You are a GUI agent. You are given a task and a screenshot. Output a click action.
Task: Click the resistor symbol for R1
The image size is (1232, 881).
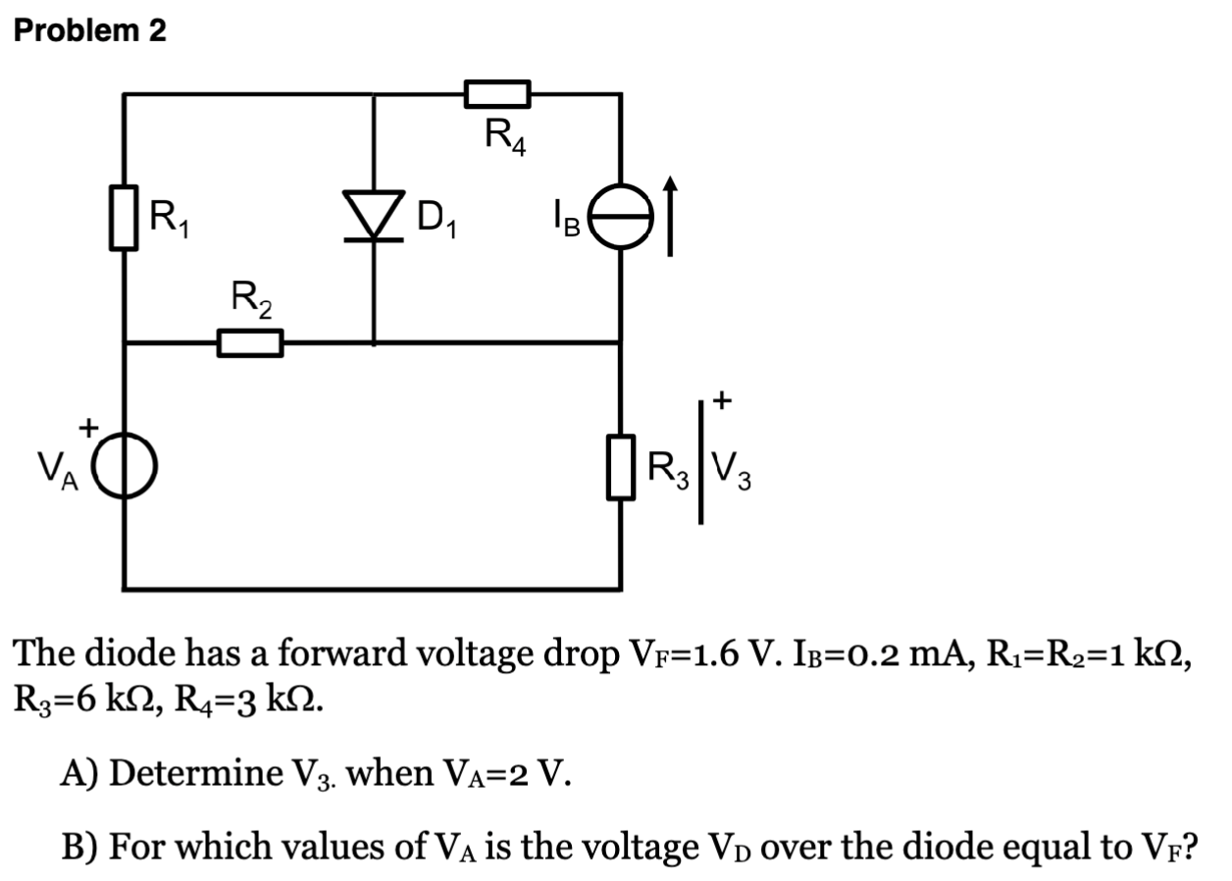tap(123, 222)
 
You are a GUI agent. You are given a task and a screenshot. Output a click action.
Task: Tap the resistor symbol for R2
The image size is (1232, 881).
tap(249, 343)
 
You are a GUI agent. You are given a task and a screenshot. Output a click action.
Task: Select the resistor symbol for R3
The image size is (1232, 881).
tap(619, 468)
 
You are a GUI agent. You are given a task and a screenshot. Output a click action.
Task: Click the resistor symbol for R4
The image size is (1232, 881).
tap(497, 94)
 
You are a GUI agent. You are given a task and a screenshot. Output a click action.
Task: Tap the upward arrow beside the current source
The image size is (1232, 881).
tap(670, 216)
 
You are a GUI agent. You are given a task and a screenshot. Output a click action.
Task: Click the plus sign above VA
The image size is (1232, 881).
tap(87, 428)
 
